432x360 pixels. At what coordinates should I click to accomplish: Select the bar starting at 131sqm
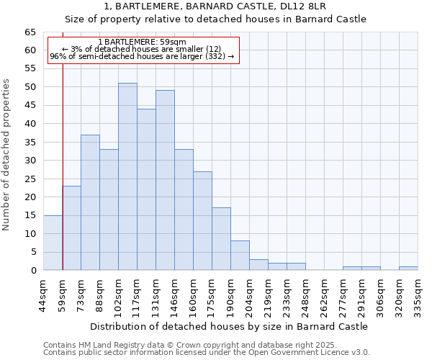pyautogui.click(x=165, y=180)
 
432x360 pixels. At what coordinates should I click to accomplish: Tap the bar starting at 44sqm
pyautogui.click(x=53, y=243)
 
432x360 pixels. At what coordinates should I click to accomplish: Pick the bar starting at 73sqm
pyautogui.click(x=90, y=202)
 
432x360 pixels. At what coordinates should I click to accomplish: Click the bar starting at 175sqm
pyautogui.click(x=221, y=239)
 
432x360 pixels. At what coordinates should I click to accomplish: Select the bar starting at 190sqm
pyautogui.click(x=240, y=256)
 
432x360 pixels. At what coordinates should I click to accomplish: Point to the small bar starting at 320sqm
pyautogui.click(x=408, y=269)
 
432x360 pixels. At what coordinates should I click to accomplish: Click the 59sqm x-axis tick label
pyautogui.click(x=63, y=293)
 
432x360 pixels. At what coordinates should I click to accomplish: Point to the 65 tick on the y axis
pyautogui.click(x=30, y=32)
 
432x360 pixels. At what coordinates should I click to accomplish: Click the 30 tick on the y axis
pyautogui.click(x=30, y=161)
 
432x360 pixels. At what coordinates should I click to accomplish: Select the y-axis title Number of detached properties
pyautogui.click(x=7, y=154)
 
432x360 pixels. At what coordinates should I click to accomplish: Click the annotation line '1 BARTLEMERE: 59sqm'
pyautogui.click(x=142, y=42)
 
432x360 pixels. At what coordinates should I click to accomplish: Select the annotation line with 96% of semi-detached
pyautogui.click(x=142, y=56)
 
